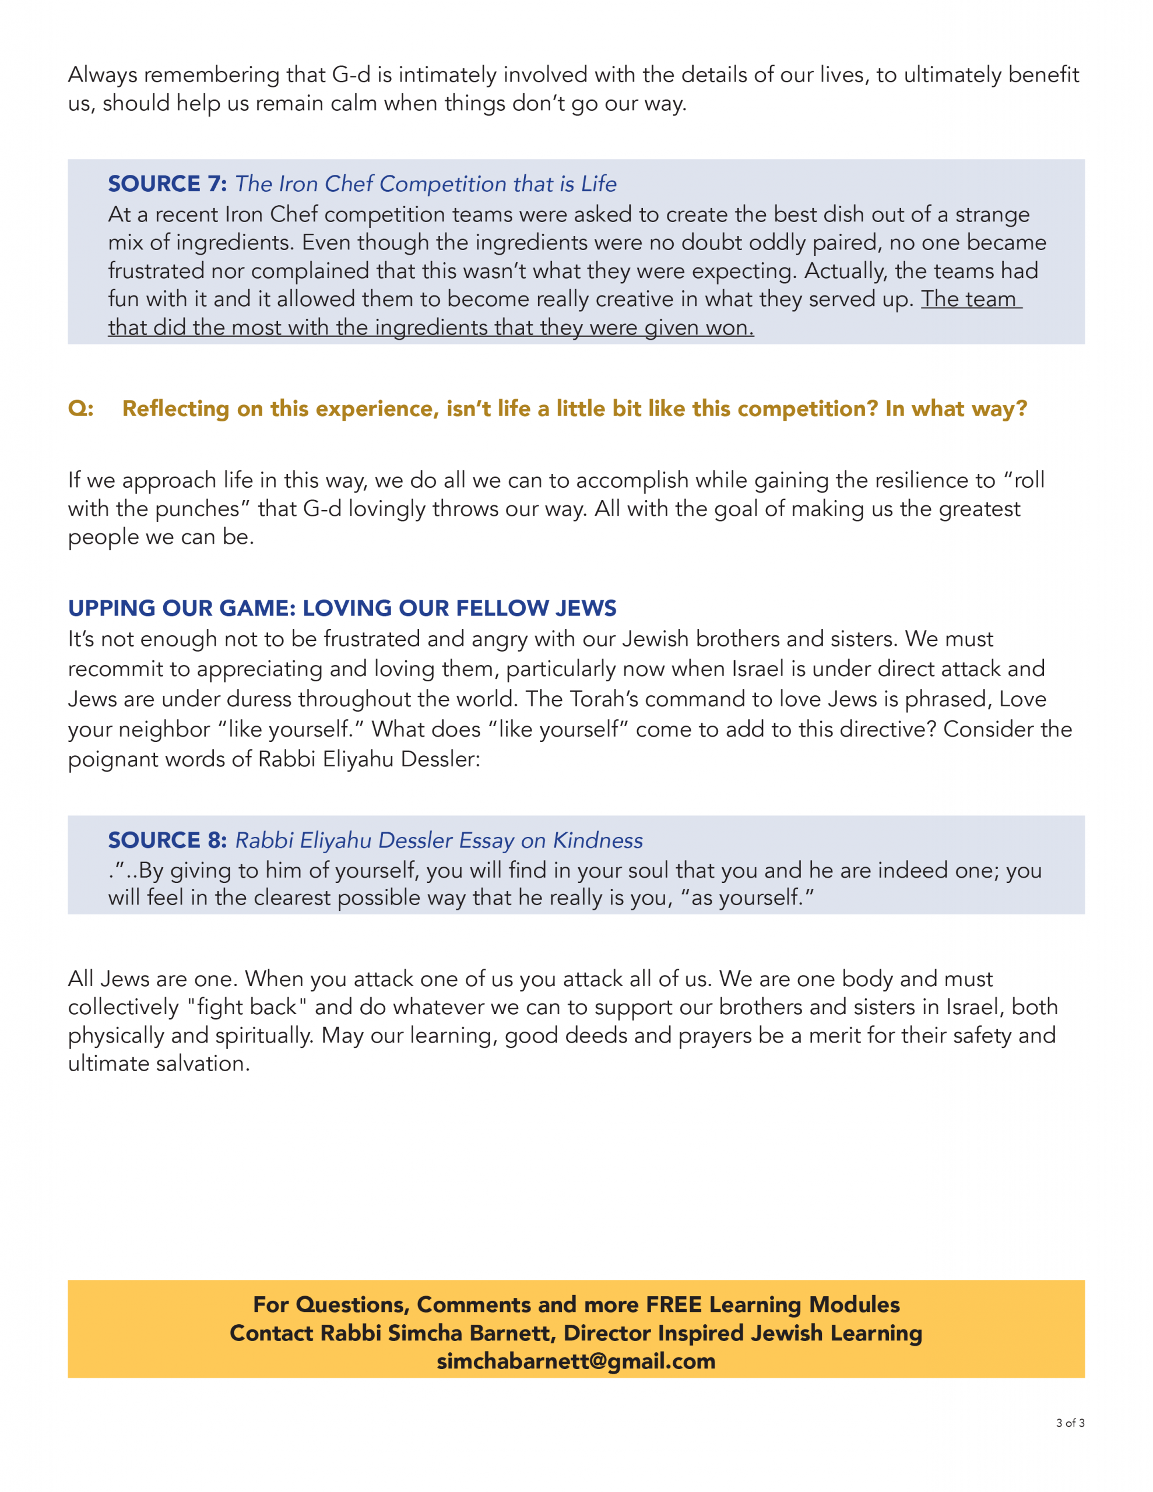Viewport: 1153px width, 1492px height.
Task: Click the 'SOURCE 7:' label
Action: (x=167, y=184)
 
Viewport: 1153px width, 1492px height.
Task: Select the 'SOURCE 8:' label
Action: (x=167, y=840)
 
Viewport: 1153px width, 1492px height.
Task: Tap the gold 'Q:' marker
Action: (x=80, y=409)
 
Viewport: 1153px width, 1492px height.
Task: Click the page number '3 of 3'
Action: (x=1070, y=1423)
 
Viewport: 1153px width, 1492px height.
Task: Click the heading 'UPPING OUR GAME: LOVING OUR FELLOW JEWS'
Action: (x=342, y=608)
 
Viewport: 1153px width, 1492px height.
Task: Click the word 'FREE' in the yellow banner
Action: (x=673, y=1304)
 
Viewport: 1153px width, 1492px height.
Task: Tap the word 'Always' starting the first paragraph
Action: (x=103, y=75)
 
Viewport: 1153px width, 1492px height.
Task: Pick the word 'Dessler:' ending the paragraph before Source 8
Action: (x=440, y=759)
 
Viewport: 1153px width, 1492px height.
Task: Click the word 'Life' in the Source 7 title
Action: (x=599, y=184)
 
